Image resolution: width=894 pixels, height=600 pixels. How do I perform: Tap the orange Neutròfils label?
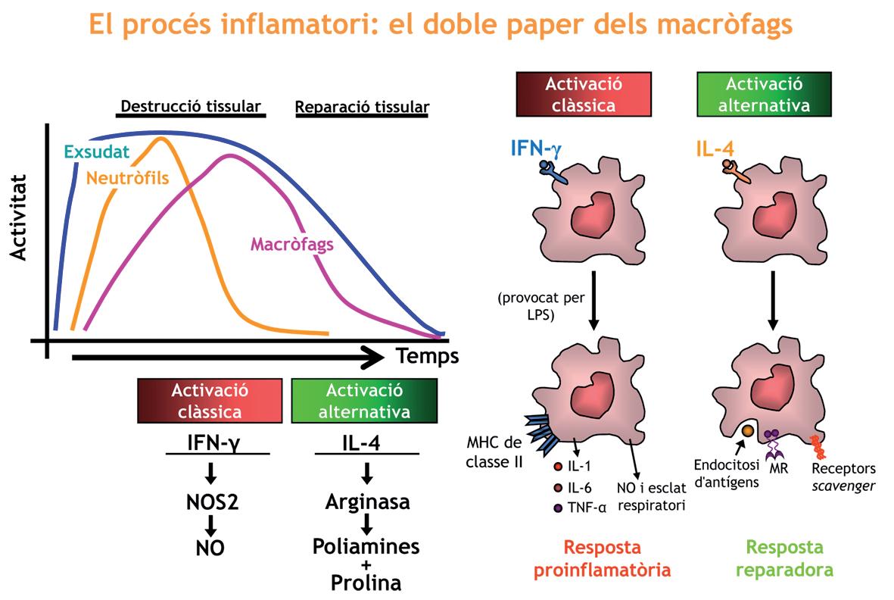coord(126,179)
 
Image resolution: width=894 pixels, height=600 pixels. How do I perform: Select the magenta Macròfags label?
coord(291,245)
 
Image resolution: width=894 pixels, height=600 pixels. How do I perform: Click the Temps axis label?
coord(428,355)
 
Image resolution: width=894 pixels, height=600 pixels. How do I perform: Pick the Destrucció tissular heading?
coord(192,106)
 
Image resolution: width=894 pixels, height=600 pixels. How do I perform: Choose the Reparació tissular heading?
coord(361,107)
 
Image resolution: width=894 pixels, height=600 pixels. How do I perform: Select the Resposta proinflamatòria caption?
coord(603,558)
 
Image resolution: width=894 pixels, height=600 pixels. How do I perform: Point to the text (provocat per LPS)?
coord(540,305)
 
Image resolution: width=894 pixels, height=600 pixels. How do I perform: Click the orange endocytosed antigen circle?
coord(746,430)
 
